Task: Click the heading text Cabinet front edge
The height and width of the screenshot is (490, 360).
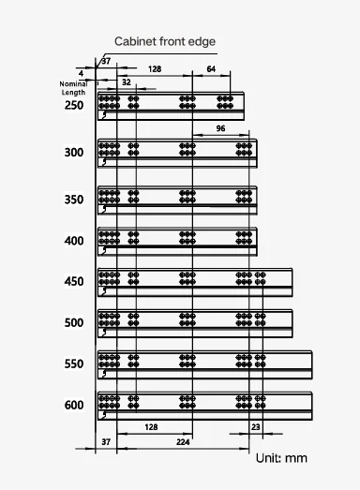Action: (165, 41)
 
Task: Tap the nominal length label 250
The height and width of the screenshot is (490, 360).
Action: (74, 105)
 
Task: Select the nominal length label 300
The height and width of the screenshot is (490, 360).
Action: (74, 153)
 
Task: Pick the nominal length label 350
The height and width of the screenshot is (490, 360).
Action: (74, 200)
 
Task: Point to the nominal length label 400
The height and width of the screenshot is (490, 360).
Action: (74, 241)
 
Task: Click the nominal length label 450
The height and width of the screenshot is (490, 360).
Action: (74, 282)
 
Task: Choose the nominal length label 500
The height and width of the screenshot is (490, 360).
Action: (74, 323)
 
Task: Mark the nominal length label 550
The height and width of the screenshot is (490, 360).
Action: (74, 364)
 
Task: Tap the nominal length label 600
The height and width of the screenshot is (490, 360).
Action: (74, 406)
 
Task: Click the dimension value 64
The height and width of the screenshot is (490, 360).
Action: (211, 69)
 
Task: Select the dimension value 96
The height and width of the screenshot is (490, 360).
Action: (220, 128)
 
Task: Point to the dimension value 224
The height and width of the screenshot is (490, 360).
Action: (183, 442)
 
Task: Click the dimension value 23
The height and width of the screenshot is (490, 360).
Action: (256, 427)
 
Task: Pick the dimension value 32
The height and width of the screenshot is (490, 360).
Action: (127, 82)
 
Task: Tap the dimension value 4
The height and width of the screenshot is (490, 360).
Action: (82, 74)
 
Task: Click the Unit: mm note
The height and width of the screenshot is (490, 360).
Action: (281, 458)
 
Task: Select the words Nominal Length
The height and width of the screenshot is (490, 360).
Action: (73, 88)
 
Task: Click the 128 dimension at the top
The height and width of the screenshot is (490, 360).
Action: (155, 69)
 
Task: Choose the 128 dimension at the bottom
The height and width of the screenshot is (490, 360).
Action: (151, 427)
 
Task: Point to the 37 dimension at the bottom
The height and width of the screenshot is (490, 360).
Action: (106, 442)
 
